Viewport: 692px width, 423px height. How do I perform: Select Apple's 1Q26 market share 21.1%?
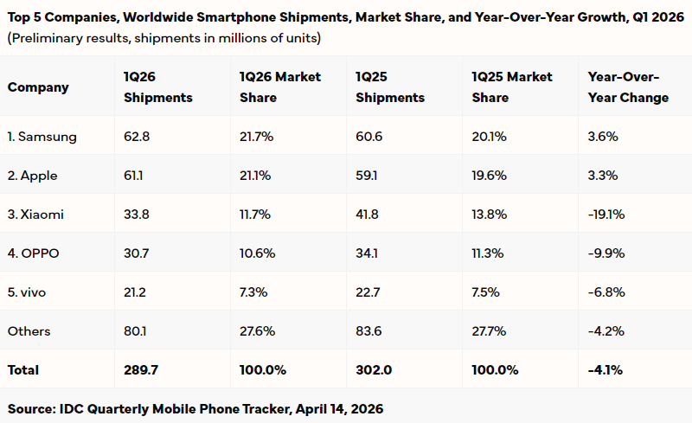point(255,176)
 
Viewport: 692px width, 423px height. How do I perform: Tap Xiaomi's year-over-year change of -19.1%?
point(605,215)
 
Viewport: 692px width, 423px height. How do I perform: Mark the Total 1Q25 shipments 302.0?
point(373,369)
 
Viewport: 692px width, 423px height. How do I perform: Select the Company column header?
point(38,87)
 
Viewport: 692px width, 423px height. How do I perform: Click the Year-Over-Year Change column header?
point(628,87)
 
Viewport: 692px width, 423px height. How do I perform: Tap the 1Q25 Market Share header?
point(512,87)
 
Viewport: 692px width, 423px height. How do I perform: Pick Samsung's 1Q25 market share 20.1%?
point(490,137)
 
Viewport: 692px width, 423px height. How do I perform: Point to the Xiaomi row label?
point(35,215)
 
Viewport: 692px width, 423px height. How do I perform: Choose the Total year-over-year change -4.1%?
point(605,369)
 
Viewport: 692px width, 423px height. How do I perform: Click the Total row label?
point(23,369)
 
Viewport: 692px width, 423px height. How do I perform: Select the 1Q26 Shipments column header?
point(158,87)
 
